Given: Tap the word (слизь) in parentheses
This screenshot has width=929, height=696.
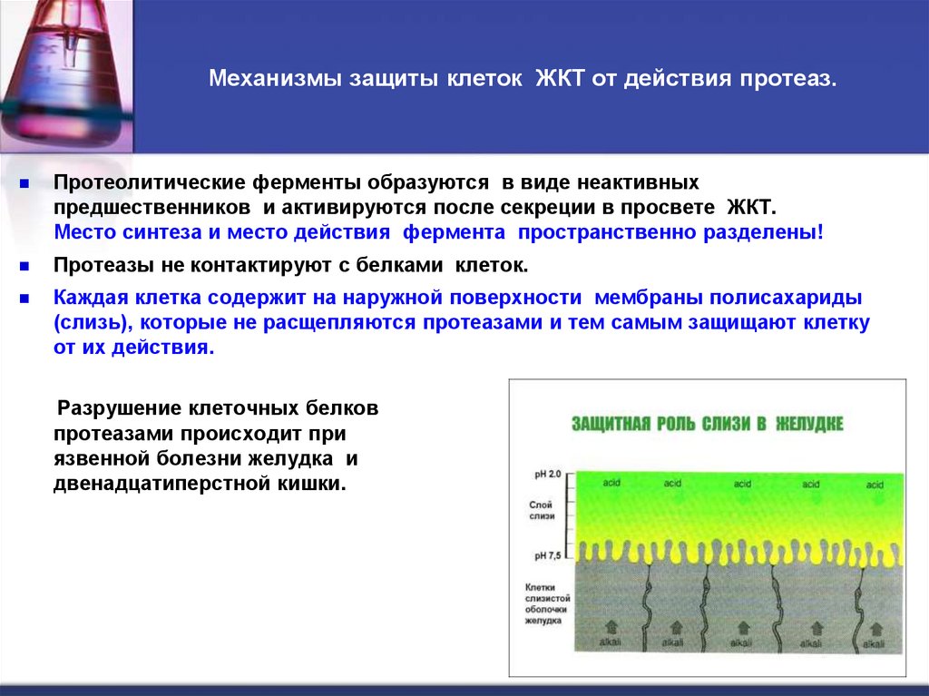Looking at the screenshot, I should pyautogui.click(x=93, y=322).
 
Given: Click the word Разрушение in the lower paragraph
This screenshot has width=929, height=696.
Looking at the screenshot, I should pyautogui.click(x=118, y=407).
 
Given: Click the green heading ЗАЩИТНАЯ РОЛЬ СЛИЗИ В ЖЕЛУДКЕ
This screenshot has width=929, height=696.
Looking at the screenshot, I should pyautogui.click(x=707, y=424).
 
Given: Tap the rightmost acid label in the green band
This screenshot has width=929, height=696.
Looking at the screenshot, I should pyautogui.click(x=875, y=485).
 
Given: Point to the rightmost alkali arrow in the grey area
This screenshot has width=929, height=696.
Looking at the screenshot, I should pyautogui.click(x=875, y=629).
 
